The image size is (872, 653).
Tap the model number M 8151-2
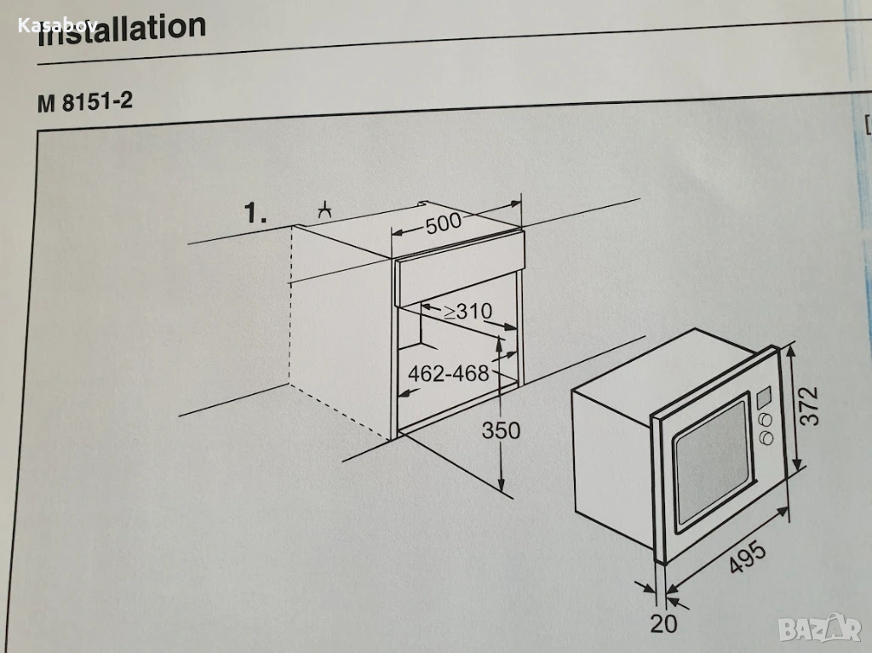(85, 102)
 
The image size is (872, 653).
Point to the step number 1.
(255, 213)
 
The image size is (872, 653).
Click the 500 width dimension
(444, 222)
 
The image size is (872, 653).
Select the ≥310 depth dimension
(468, 312)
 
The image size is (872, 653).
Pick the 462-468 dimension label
(449, 373)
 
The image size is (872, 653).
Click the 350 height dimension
(501, 430)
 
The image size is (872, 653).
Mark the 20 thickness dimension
(664, 623)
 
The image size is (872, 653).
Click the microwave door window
(711, 461)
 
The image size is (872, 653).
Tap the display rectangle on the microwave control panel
(764, 396)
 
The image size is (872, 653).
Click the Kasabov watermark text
(58, 25)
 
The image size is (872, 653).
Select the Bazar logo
(820, 628)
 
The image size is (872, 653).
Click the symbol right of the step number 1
(324, 211)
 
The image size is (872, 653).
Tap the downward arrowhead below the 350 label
(501, 483)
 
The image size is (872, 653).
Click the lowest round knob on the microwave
(767, 438)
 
